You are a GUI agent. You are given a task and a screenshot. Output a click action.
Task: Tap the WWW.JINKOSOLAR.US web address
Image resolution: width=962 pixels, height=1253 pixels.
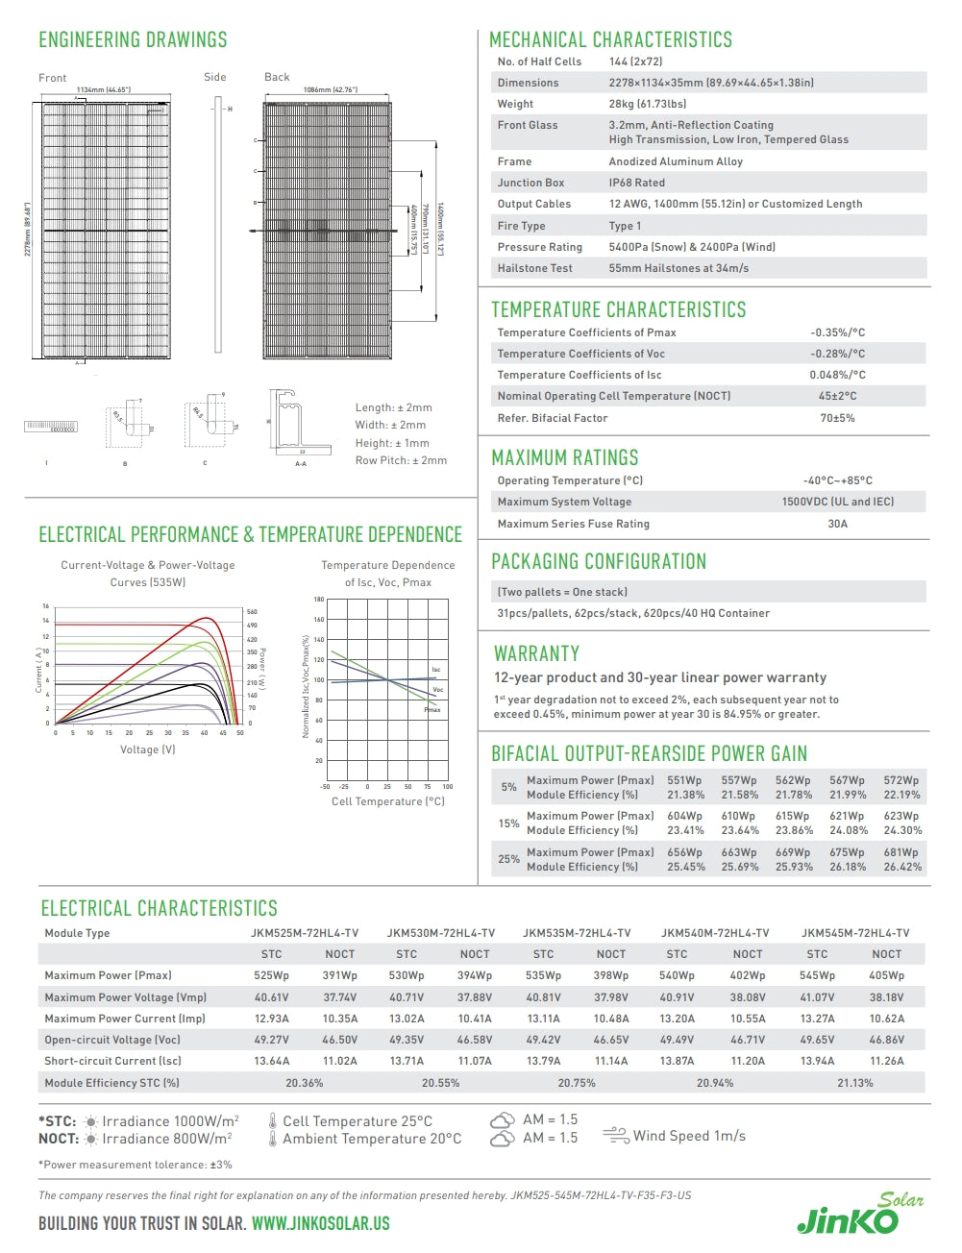[x=320, y=1224]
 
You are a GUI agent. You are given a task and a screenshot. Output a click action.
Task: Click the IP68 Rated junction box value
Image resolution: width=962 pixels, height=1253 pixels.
[x=636, y=183]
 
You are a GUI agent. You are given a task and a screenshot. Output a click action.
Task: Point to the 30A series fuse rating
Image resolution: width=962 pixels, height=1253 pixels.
[x=837, y=524]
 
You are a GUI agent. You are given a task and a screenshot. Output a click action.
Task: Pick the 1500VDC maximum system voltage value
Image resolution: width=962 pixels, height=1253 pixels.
[x=837, y=502]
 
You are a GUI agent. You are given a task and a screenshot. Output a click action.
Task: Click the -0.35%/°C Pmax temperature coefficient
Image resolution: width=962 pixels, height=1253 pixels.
[x=837, y=332]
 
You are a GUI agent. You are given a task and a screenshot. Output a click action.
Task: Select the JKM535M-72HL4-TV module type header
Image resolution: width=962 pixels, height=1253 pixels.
[x=577, y=933]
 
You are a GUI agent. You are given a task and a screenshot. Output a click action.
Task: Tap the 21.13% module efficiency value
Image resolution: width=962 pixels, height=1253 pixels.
[x=855, y=1083]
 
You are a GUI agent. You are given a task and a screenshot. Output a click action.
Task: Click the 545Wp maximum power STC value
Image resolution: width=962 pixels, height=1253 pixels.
[x=817, y=975]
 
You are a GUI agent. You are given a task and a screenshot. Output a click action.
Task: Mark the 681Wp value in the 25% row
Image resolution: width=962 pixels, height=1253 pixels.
[x=901, y=852]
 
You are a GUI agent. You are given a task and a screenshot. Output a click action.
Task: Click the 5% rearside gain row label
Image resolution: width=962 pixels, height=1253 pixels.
[x=508, y=787]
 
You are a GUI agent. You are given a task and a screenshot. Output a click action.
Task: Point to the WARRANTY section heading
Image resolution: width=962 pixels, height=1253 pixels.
[x=536, y=654]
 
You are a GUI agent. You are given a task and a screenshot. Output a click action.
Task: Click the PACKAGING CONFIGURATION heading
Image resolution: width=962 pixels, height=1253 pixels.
[x=599, y=562]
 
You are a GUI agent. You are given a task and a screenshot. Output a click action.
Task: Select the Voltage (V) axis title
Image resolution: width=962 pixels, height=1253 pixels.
[x=147, y=749]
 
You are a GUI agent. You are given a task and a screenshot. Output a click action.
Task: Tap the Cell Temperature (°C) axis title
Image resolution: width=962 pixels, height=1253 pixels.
[x=387, y=801]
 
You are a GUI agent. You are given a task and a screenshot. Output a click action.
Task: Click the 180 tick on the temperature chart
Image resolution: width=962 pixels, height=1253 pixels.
[x=318, y=600]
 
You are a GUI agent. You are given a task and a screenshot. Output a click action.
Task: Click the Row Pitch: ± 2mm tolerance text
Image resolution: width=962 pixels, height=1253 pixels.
[x=401, y=460]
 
